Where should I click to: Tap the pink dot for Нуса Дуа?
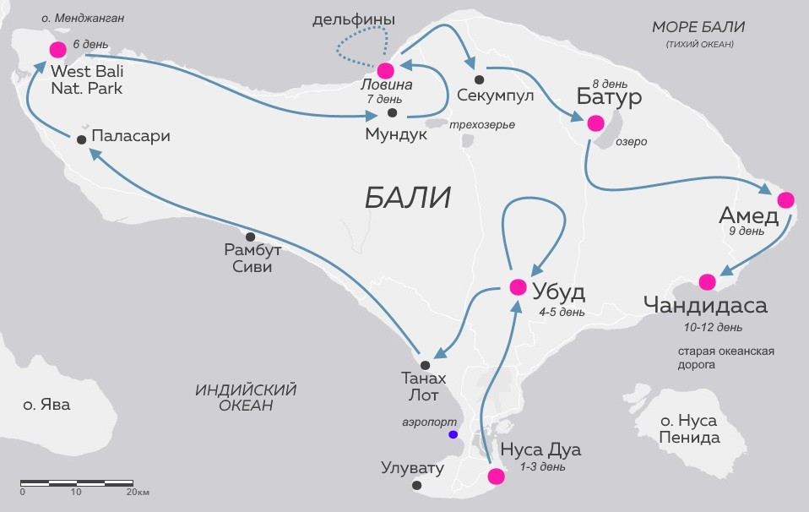(497, 476)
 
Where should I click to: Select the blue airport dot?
(453, 434)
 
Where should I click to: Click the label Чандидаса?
(705, 305)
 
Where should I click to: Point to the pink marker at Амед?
(785, 200)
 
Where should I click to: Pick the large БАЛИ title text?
(408, 198)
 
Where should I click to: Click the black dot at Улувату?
(416, 485)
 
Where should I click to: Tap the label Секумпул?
(495, 95)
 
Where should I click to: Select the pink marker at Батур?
(595, 123)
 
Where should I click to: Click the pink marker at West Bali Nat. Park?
(58, 49)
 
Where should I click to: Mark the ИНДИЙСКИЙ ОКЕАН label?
(246, 398)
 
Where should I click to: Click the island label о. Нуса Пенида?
(690, 429)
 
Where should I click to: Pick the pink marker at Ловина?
(386, 70)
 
